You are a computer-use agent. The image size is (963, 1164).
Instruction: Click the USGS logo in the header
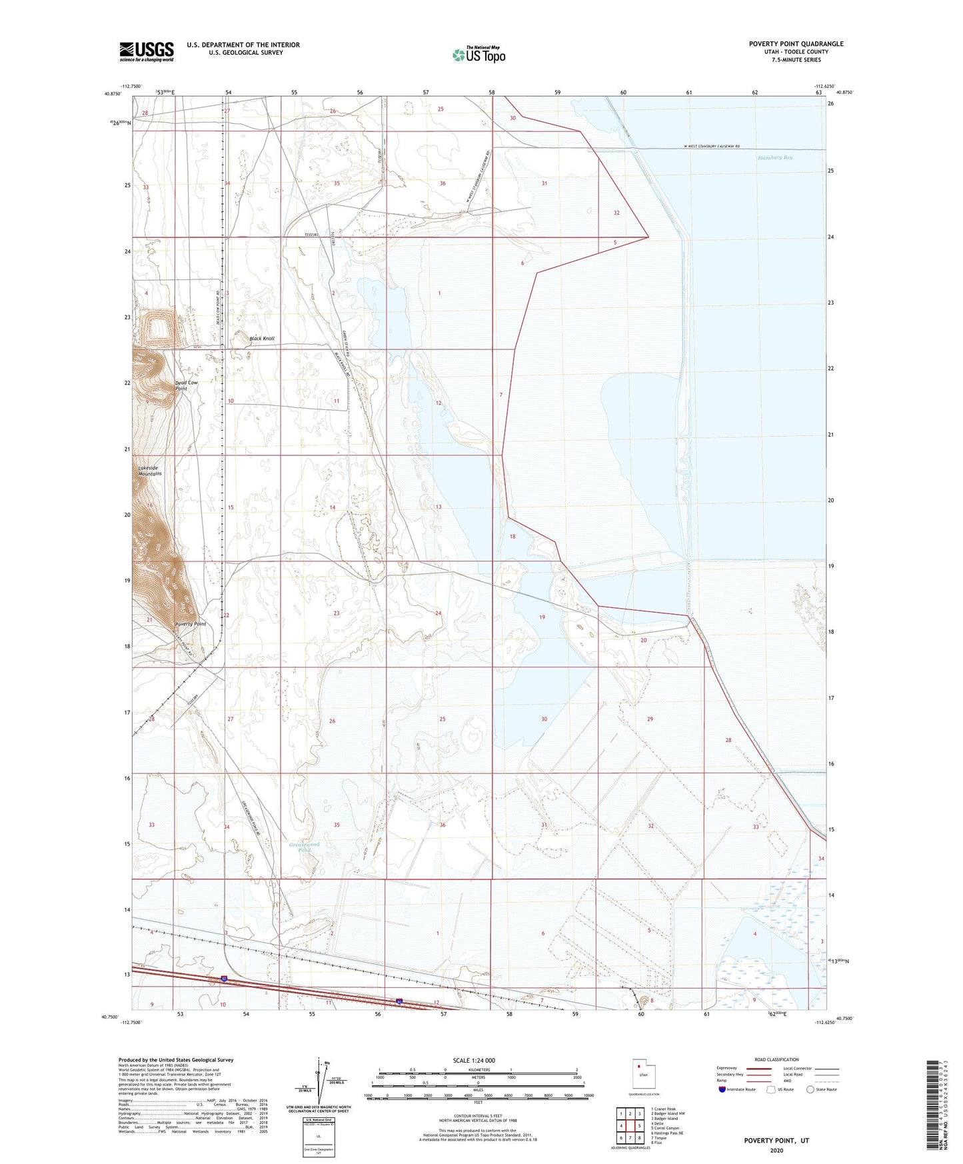(147, 51)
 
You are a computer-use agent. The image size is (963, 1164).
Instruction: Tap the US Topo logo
(479, 55)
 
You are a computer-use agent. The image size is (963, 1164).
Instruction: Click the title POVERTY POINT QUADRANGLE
(796, 44)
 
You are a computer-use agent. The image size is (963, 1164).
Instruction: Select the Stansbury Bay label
(775, 158)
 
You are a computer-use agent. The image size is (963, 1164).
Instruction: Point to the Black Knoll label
(262, 339)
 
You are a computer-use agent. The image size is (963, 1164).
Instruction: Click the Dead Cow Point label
(187, 385)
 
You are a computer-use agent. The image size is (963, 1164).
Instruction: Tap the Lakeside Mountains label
(149, 471)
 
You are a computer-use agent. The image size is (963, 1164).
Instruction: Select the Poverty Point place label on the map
(190, 624)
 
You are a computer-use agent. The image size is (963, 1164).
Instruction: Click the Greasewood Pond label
(305, 847)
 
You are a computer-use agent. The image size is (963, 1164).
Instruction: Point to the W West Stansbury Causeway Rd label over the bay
(712, 147)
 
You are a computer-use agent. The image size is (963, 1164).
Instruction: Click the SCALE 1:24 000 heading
(474, 1060)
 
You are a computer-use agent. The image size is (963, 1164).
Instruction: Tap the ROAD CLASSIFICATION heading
(776, 1059)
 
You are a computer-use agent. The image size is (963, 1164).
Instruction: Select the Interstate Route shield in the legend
(723, 1090)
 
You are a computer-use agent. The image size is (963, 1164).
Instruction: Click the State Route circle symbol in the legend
(810, 1090)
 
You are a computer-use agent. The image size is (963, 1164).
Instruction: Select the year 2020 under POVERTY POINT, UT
(776, 1150)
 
